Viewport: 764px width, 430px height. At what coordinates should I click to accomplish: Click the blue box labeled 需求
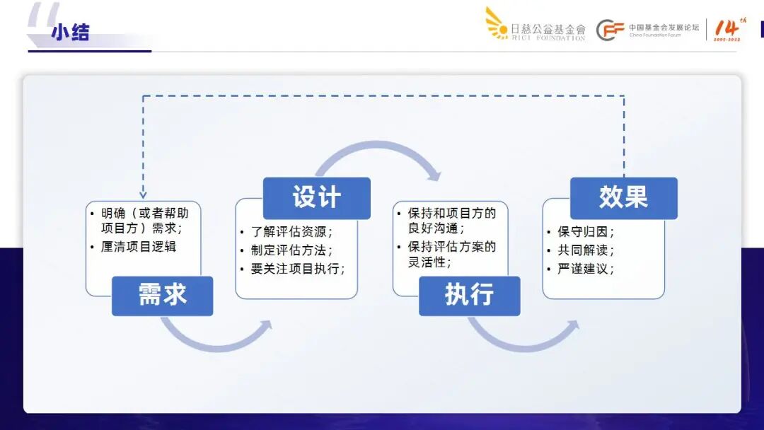click(162, 296)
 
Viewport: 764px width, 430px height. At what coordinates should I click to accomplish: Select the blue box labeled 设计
click(317, 198)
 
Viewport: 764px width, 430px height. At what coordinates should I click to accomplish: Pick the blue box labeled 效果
click(623, 198)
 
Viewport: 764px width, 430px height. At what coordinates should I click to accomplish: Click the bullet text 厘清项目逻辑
click(139, 247)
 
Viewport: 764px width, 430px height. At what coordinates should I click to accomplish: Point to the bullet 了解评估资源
click(291, 232)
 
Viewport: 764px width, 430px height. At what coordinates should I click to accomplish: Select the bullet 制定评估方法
click(291, 250)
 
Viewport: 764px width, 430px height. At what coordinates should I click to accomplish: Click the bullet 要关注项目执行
click(297, 269)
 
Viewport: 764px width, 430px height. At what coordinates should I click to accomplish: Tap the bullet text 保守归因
click(585, 232)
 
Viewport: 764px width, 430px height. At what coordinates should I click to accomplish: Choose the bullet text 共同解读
click(585, 250)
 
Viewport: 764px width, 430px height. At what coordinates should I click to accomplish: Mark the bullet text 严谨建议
click(585, 269)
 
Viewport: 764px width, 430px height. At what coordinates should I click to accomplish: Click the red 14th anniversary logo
click(727, 29)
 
